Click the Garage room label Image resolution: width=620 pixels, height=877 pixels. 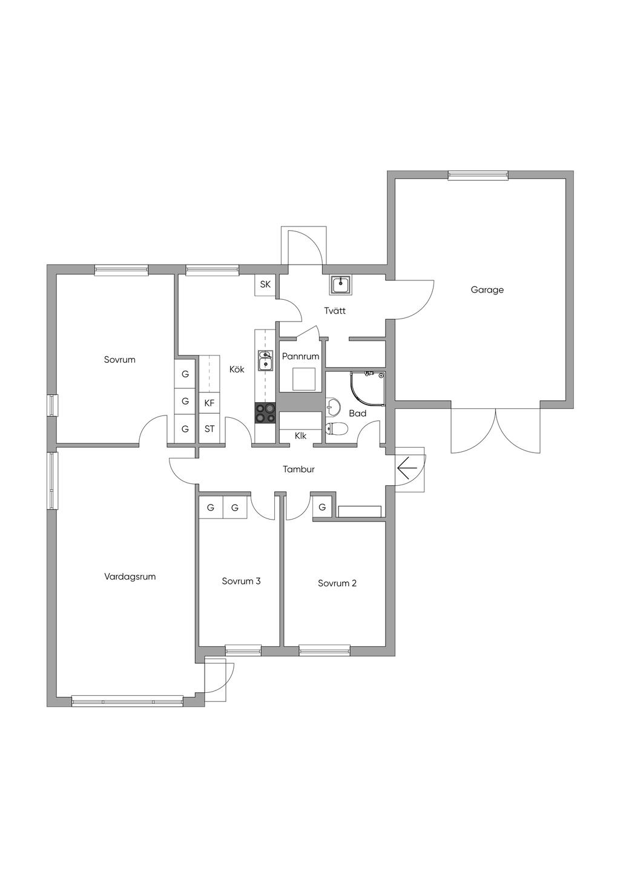tap(487, 290)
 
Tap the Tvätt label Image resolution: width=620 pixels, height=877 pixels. tap(335, 311)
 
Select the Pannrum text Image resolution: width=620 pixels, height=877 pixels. tap(300, 356)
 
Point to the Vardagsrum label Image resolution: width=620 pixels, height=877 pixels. tap(130, 577)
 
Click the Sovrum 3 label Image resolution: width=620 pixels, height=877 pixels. tap(241, 581)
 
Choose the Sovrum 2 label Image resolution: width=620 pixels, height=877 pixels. tap(337, 583)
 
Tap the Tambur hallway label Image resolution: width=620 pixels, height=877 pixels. tap(298, 469)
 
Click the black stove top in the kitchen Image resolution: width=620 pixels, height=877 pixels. tap(265, 413)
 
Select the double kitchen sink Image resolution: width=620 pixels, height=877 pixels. tap(265, 360)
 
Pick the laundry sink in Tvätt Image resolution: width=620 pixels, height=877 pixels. tap(340, 285)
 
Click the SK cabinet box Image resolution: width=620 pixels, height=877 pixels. tap(265, 284)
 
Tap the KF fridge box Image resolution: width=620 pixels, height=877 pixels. tap(209, 403)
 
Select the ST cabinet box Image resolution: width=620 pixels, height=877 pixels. tap(209, 429)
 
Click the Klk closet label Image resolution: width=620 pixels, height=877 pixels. tap(300, 435)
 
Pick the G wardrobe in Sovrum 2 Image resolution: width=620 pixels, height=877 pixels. tap(322, 508)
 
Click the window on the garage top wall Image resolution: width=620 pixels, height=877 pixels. tap(478, 175)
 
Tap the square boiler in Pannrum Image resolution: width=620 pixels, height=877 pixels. tap(304, 379)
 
